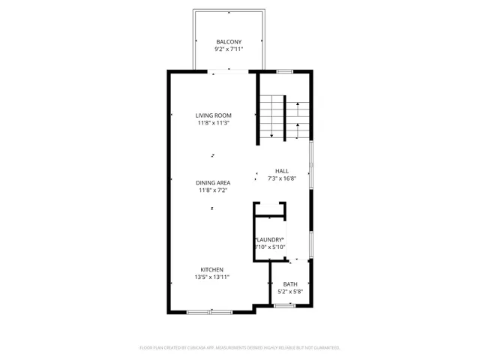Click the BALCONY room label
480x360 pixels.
coord(229,42)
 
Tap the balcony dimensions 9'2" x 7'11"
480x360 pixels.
coord(229,49)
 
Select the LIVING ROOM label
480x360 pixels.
coord(214,115)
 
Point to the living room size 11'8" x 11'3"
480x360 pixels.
coord(214,123)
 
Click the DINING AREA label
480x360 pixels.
coord(214,183)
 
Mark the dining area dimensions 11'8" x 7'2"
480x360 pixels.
coord(214,190)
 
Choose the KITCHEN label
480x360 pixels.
coord(211,269)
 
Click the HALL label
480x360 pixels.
coord(281,171)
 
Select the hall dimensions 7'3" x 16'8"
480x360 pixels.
coord(281,178)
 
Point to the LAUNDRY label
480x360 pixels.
coord(268,239)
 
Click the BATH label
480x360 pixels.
coord(289,284)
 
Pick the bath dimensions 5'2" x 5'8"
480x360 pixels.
coord(289,292)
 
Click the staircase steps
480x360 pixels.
coord(274,118)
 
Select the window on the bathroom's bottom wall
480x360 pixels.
coord(283,305)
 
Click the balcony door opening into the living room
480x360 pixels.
coord(229,71)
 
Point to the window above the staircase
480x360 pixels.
coord(283,71)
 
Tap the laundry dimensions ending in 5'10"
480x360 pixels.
coord(268,247)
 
